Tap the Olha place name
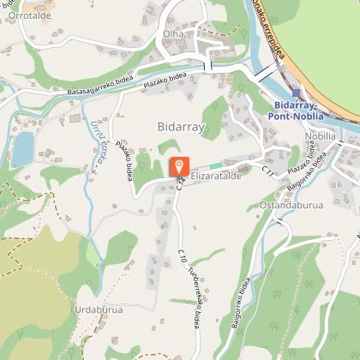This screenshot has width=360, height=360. pos(172,33)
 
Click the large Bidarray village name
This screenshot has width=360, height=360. pos(182,126)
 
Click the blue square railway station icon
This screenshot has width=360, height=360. pos(297,93)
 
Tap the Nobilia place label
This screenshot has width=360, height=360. pos(320,135)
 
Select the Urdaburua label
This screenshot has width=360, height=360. pos(99,309)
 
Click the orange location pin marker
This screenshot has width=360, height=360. pos(178,166)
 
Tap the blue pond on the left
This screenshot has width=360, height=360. pos(22,151)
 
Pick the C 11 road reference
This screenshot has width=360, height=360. pos(267,172)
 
